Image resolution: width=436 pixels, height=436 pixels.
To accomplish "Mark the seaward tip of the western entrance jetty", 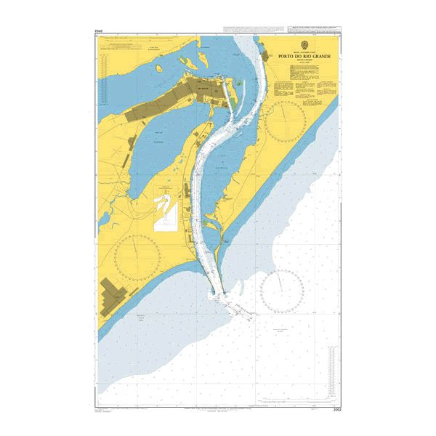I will (x=212, y=295).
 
